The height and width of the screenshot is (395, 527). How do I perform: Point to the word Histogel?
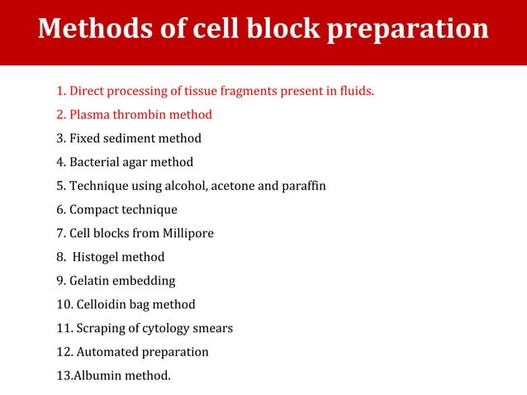pyautogui.click(x=99, y=257)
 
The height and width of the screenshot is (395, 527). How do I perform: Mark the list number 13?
pyautogui.click(x=64, y=376)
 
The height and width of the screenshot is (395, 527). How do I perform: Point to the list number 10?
pyautogui.click(x=64, y=304)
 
